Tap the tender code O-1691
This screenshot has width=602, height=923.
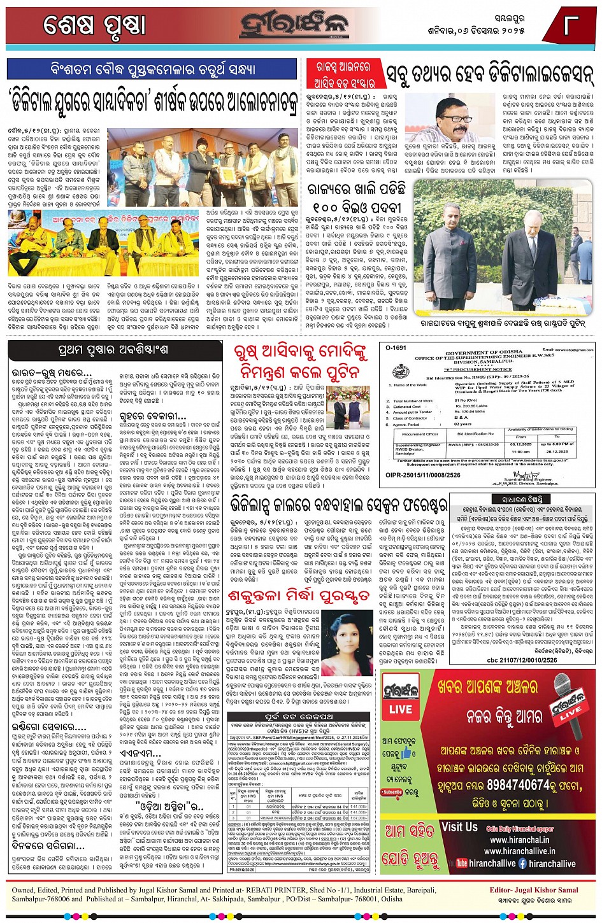coord(396,348)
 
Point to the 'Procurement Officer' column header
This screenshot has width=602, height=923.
coord(419,433)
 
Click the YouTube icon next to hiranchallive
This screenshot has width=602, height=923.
coord(457,864)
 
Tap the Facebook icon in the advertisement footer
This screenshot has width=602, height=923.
coord(522,864)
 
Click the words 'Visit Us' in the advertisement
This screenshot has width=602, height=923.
coord(459,828)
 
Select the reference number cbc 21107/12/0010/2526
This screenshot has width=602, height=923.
coord(522,660)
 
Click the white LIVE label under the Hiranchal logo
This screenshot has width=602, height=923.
coord(400,709)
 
